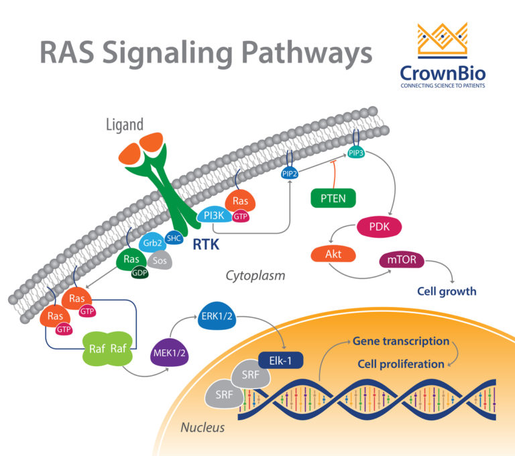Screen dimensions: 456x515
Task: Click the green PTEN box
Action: pos(333,198)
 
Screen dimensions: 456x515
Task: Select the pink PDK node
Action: pos(380,227)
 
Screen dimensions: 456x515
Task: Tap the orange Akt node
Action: pos(333,255)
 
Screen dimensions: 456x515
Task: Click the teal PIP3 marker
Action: pos(357,152)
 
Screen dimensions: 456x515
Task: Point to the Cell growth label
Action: pos(447,291)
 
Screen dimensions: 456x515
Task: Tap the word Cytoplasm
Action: pos(255,275)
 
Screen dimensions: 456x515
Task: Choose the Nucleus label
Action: pos(203,427)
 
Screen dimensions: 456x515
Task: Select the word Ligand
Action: pos(125,124)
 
